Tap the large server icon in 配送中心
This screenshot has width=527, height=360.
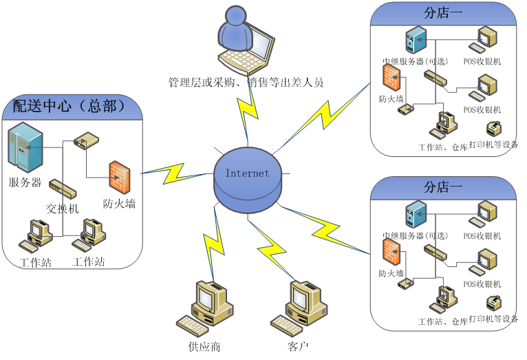[25, 147]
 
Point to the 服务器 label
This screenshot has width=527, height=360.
[25, 182]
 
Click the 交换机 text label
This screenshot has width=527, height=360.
[62, 208]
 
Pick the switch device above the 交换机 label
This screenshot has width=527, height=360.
[62, 188]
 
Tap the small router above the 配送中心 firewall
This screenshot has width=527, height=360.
[87, 141]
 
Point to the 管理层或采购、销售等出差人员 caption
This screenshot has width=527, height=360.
[246, 83]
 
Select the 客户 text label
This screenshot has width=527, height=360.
[299, 346]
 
